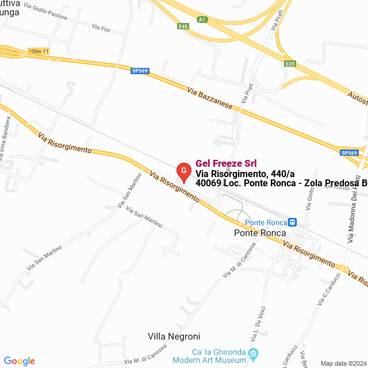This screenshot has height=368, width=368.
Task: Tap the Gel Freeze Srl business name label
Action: point(226,163)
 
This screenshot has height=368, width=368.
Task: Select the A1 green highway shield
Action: point(201,20)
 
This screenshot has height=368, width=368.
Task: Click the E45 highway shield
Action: point(183,26)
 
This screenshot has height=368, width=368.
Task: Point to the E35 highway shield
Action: point(290,64)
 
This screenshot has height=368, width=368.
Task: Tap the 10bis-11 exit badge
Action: point(39,51)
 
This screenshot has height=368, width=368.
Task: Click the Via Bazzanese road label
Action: point(209,98)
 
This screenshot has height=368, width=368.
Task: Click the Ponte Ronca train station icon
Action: point(293,222)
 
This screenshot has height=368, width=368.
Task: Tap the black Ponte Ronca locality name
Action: point(260,233)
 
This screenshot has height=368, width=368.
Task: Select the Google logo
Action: point(19,361)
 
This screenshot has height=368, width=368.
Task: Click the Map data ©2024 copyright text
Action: point(342,363)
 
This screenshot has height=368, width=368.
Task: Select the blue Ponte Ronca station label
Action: point(266,223)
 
